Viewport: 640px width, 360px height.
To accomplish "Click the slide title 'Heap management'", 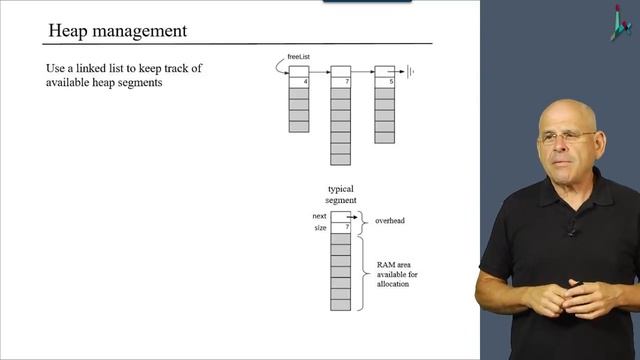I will click(118, 31).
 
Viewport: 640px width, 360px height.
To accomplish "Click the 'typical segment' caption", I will click(341, 194).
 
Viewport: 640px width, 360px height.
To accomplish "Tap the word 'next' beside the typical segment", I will click(319, 216).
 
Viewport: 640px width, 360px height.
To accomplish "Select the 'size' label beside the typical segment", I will click(320, 228).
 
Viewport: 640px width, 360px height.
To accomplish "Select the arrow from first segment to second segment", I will click(320, 71).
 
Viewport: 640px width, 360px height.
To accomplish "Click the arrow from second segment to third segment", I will click(363, 71).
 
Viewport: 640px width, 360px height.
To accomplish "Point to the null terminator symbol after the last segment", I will click(409, 71).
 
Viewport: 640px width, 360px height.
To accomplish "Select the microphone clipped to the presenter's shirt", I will click(571, 231).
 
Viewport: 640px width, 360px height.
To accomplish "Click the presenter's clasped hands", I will click(565, 297).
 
